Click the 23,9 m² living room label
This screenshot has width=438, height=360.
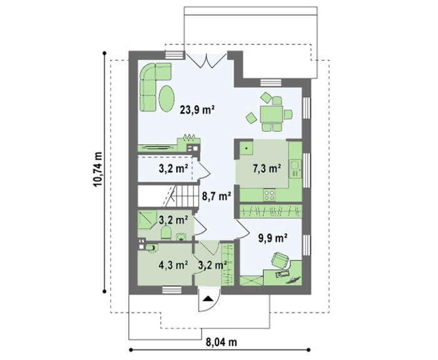(x=197, y=110)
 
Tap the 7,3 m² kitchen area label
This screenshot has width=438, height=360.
(x=267, y=168)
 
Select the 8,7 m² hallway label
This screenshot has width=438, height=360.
(x=216, y=196)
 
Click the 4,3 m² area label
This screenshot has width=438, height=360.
(x=173, y=264)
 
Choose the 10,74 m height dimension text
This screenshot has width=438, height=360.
(x=98, y=170)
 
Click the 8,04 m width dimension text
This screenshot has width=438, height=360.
(x=222, y=342)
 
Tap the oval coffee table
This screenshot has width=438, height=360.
(x=166, y=98)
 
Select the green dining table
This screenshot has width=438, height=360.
(x=271, y=114)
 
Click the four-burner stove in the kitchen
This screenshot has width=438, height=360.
(x=269, y=195)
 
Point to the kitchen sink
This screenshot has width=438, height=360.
(x=295, y=168)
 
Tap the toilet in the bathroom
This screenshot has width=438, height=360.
(x=166, y=233)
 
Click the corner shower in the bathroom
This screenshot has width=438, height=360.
(x=147, y=220)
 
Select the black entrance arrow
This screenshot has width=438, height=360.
(x=208, y=299)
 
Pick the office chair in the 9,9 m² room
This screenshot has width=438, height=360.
(x=280, y=260)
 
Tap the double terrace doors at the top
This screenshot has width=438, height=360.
(x=206, y=60)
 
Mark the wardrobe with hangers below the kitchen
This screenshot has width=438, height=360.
(x=271, y=211)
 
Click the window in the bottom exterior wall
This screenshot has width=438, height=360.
(x=172, y=290)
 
